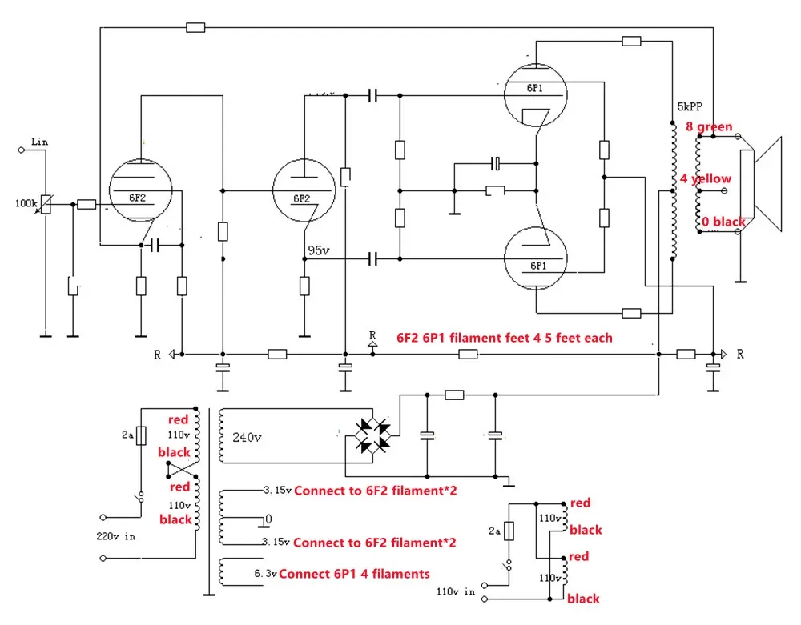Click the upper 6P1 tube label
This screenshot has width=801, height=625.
(x=536, y=89)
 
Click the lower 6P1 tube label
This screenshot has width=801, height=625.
(x=536, y=265)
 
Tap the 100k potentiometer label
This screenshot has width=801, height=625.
(x=26, y=203)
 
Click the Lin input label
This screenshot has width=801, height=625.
(x=39, y=142)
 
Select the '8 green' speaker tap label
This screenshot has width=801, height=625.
(x=709, y=126)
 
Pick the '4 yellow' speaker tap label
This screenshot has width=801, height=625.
(x=706, y=178)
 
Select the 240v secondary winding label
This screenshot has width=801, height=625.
(x=247, y=438)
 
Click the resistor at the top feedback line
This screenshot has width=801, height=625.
(x=195, y=27)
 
